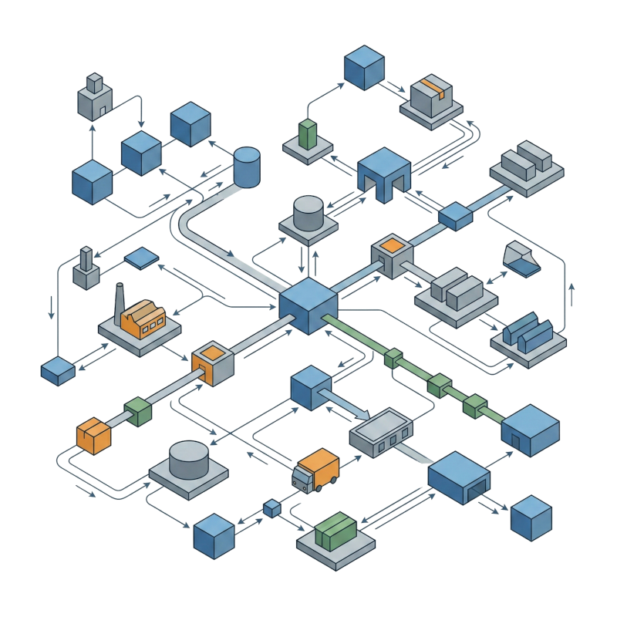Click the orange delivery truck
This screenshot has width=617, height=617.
[317, 470]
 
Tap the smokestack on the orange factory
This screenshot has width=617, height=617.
[120, 297]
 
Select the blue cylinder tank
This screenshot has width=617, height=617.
[247, 167]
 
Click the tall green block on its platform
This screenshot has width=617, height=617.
[308, 134]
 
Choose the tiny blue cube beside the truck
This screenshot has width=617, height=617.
[271, 508]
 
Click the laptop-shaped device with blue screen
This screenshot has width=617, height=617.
[521, 260]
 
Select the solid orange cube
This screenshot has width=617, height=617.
[93, 436]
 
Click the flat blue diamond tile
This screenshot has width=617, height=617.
[140, 258]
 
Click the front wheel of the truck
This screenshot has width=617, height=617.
[302, 485]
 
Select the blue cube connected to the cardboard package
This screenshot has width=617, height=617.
[363, 67]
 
